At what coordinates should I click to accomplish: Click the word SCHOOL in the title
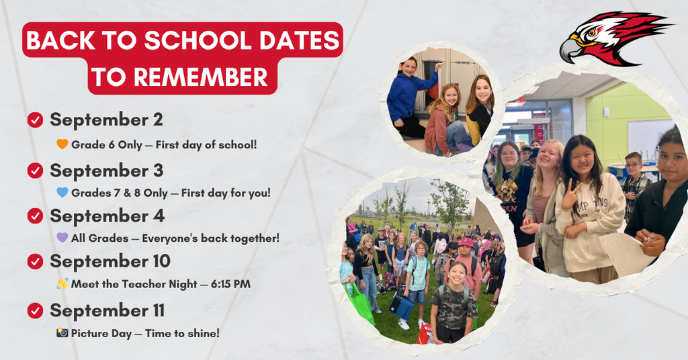coord(198,41)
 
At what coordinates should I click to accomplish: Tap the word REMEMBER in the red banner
coord(200,77)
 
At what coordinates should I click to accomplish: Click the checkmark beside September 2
coord(35,120)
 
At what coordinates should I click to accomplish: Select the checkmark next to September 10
coord(35,261)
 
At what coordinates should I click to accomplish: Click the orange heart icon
coord(62,144)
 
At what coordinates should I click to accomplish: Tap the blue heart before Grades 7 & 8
coord(62,192)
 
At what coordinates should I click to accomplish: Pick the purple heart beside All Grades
coord(62,237)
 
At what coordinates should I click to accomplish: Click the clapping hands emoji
coord(62,283)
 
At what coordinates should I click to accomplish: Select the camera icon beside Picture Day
coord(62,332)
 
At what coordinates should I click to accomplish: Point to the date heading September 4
coord(107,216)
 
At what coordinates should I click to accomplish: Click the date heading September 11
coord(107,311)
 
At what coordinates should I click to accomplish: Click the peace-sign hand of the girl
coord(571,195)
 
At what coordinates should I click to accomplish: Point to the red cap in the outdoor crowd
coord(466,242)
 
